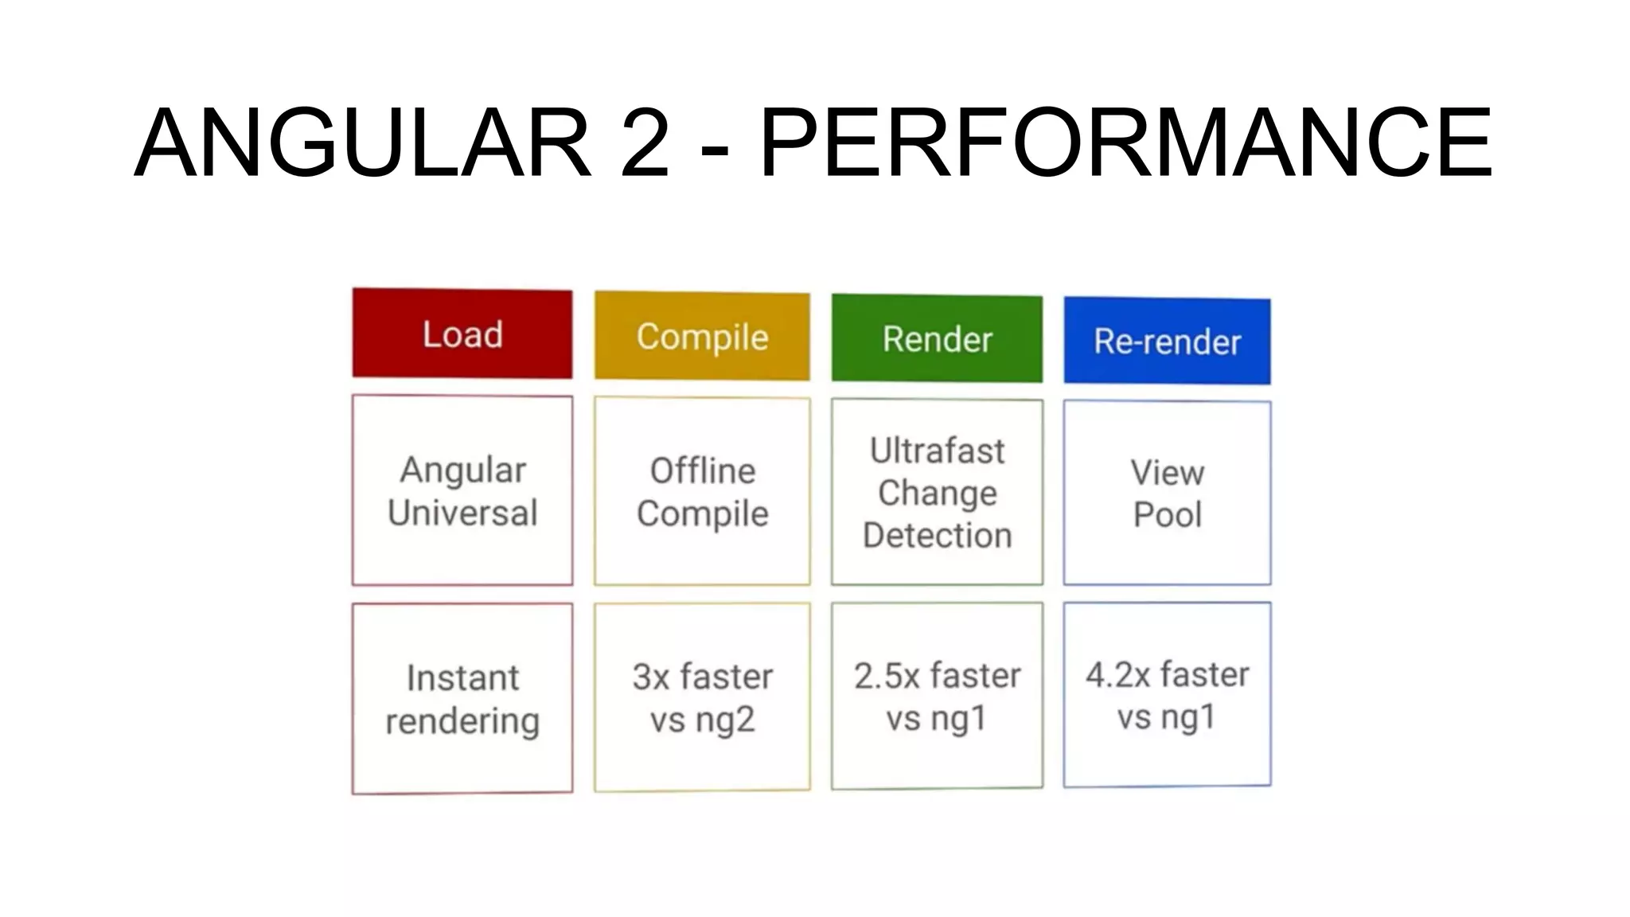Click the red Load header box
click(462, 334)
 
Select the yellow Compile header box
click(702, 336)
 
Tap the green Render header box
click(937, 338)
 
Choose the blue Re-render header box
click(1167, 341)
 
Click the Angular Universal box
click(462, 490)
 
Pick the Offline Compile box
click(702, 491)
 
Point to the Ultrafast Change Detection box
click(937, 492)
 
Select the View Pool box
click(1167, 493)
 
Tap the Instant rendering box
click(462, 698)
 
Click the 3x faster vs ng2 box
click(702, 697)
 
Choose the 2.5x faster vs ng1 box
click(937, 696)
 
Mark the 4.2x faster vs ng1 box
click(1167, 695)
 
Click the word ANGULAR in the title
click(363, 142)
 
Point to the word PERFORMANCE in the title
click(1125, 142)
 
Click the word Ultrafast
click(937, 451)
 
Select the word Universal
click(462, 513)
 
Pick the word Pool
click(1167, 514)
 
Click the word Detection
click(937, 535)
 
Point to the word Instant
click(462, 678)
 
